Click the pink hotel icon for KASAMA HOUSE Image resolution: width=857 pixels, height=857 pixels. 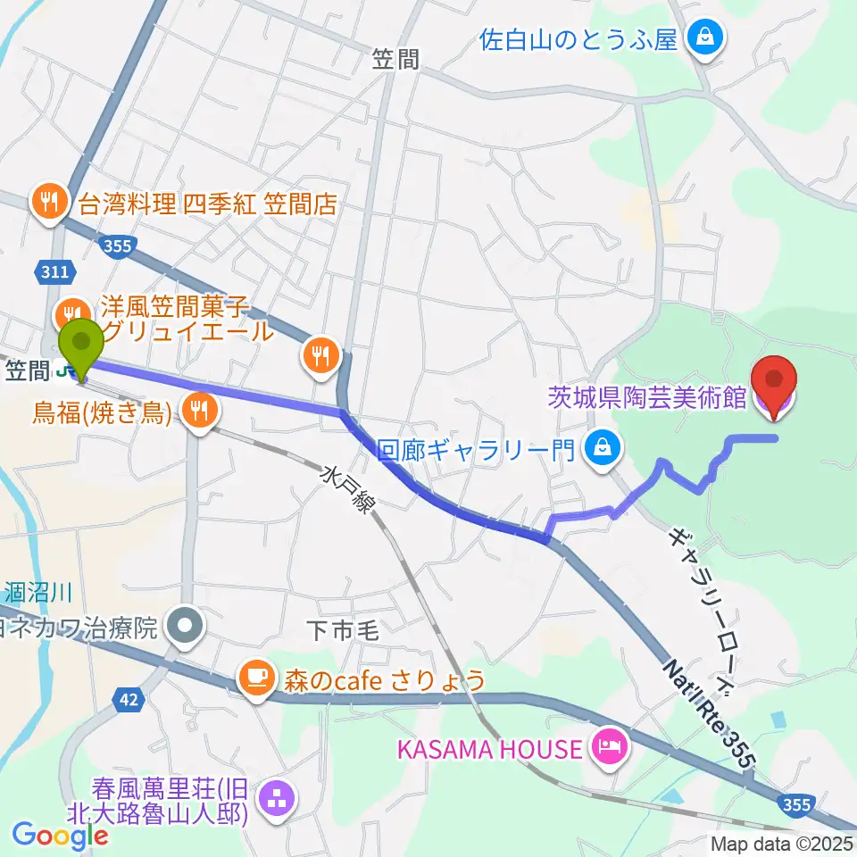pyautogui.click(x=610, y=747)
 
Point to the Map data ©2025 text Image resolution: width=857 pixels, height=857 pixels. pyautogui.click(x=781, y=843)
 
